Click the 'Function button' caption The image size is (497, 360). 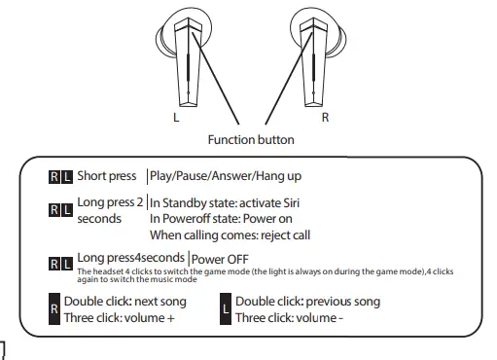pyautogui.click(x=251, y=139)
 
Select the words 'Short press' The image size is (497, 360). pyautogui.click(x=107, y=176)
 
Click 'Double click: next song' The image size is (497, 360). pyautogui.click(x=124, y=302)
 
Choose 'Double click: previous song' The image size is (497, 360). pyautogui.click(x=307, y=302)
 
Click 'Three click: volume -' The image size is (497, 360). pyautogui.click(x=289, y=318)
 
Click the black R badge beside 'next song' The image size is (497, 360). pyautogui.click(x=53, y=310)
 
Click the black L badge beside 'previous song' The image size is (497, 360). pyautogui.click(x=227, y=310)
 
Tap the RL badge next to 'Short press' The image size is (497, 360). pyautogui.click(x=60, y=177)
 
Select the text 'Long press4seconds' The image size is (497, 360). pyautogui.click(x=132, y=258)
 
